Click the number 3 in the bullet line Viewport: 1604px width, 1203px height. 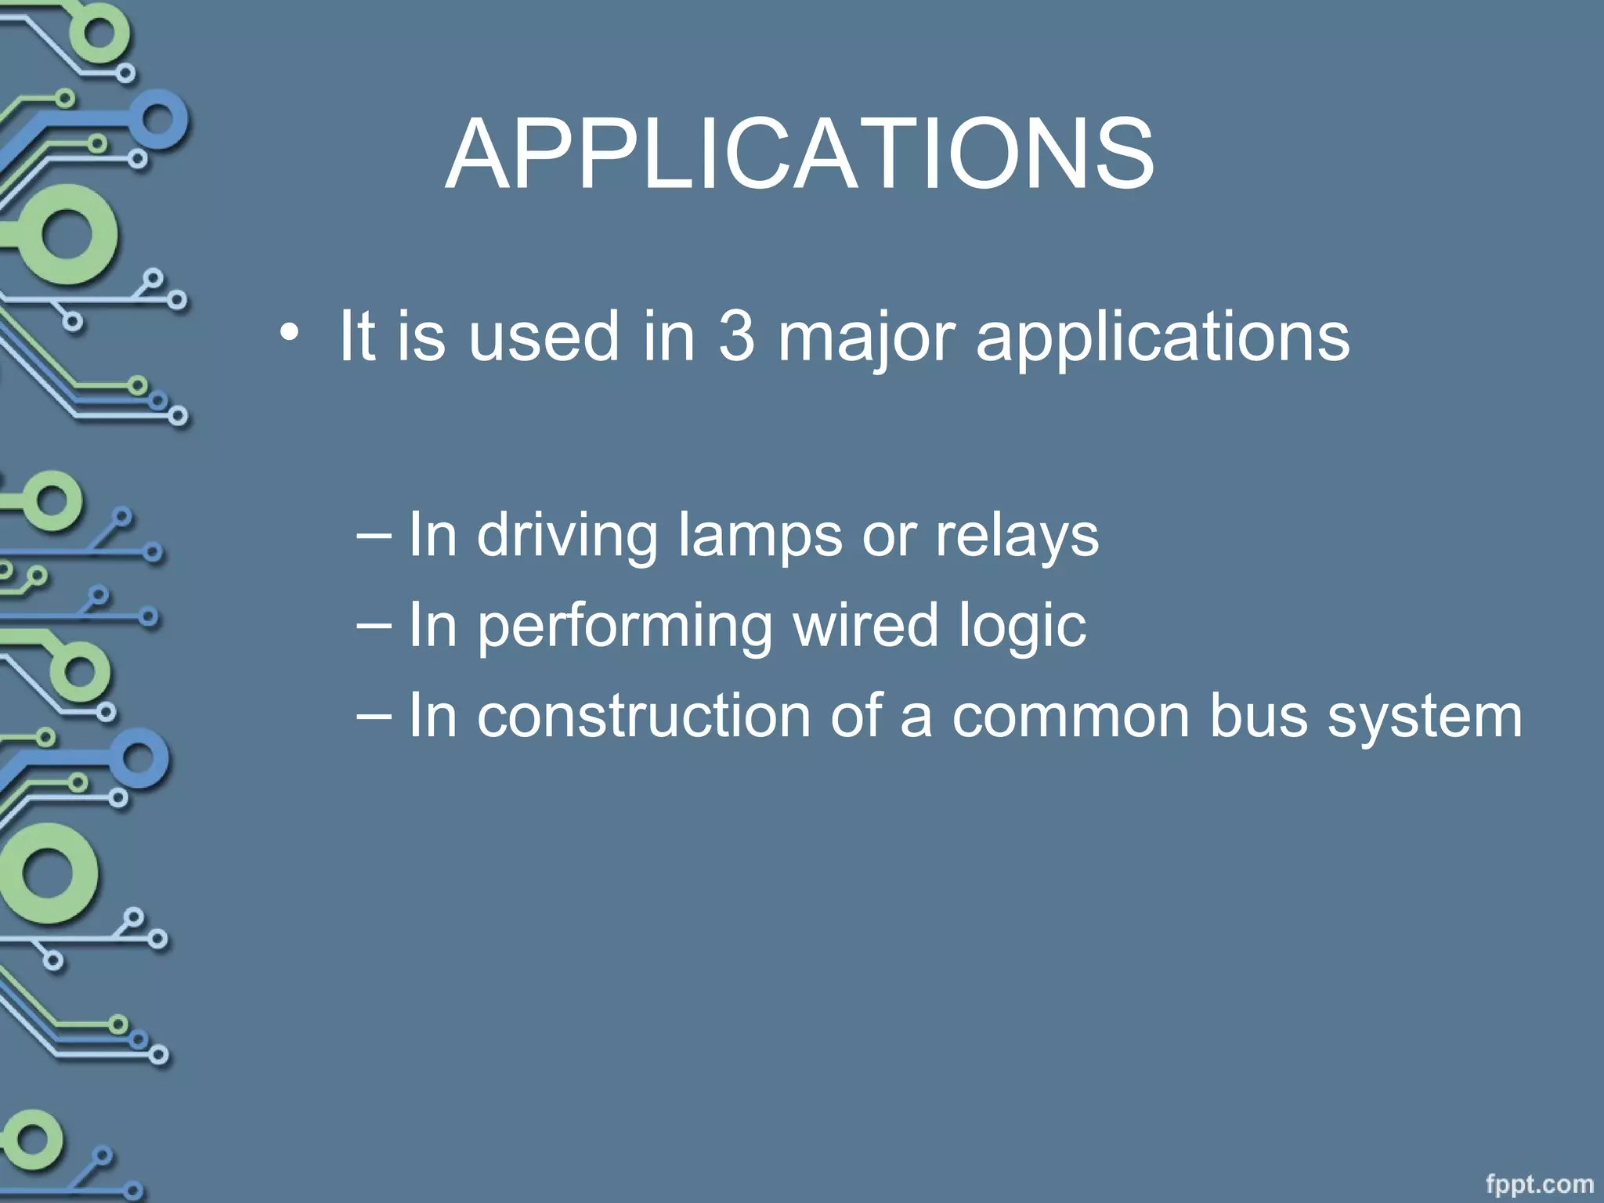736,336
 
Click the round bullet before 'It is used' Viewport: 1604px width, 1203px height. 289,334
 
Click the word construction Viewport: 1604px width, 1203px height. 644,716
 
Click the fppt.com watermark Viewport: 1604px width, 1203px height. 1539,1183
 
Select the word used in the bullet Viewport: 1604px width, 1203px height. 544,337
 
